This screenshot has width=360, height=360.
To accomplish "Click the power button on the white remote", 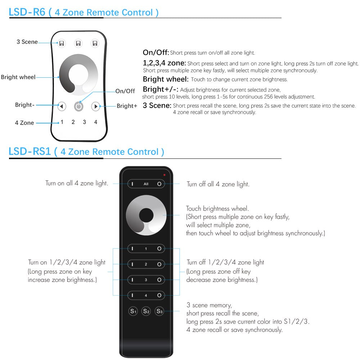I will [x=78, y=107].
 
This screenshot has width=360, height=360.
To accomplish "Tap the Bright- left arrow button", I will [x=62, y=107].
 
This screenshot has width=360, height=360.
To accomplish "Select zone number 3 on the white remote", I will [x=84, y=122].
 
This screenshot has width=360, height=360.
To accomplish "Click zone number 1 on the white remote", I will [x=62, y=122].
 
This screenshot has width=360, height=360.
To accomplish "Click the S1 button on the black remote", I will [x=133, y=311].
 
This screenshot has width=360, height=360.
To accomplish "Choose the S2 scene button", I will [x=146, y=311].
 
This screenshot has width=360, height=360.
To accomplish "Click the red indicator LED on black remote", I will [x=164, y=175].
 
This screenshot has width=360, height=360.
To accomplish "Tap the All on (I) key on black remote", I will [x=132, y=184].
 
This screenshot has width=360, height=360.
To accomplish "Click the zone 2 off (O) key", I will [x=159, y=264].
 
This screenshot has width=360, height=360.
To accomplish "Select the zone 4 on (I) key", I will [x=132, y=295].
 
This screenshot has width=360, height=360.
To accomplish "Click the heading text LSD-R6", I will [x=27, y=12].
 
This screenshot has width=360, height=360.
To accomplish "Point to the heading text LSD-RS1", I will [x=30, y=152].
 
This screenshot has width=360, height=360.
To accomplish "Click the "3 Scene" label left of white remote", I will [x=27, y=42].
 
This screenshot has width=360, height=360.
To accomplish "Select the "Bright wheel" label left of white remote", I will [x=18, y=77].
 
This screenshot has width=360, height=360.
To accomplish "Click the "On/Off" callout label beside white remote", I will [x=125, y=91].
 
